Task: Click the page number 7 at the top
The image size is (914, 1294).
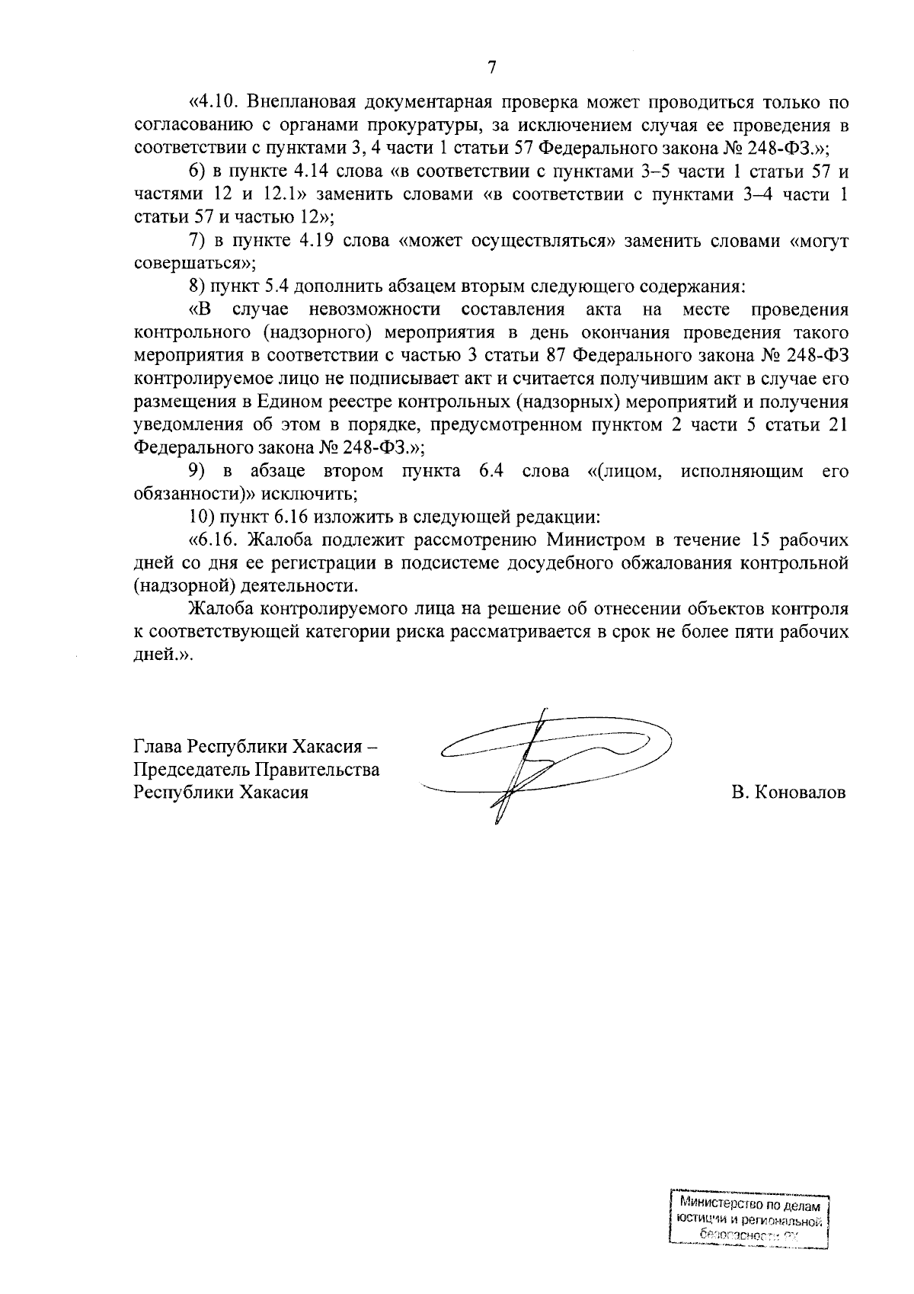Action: point(491,68)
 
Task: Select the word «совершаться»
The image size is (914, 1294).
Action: point(190,264)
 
